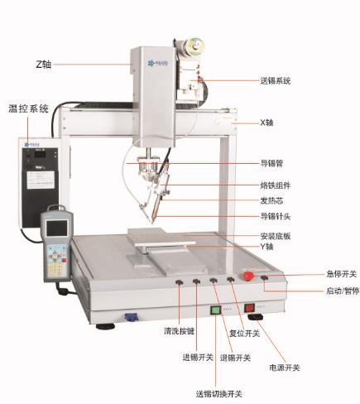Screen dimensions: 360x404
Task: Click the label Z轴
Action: click(44, 65)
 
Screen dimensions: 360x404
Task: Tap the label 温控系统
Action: click(28, 108)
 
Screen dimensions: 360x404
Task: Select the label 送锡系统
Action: click(276, 81)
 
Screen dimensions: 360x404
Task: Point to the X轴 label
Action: click(266, 123)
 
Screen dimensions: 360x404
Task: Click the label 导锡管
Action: click(271, 163)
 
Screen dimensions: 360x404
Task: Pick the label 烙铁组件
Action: click(276, 185)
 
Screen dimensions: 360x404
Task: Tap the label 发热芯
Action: click(271, 200)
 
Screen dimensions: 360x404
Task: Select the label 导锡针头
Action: click(276, 216)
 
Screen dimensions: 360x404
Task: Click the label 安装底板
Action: click(276, 236)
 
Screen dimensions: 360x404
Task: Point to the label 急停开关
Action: click(342, 274)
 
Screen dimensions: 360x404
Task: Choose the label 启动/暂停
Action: click(343, 291)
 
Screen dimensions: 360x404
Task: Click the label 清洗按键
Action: click(179, 331)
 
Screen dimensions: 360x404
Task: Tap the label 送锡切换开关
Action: click(219, 394)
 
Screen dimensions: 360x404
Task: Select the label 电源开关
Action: click(285, 368)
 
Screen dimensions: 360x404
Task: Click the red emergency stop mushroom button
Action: click(248, 276)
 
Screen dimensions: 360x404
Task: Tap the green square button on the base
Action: click(215, 310)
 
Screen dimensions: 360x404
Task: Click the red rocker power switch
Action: click(249, 308)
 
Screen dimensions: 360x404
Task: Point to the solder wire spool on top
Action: click(194, 46)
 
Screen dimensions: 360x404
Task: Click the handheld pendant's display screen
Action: click(57, 228)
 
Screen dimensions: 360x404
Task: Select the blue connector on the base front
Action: click(129, 317)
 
